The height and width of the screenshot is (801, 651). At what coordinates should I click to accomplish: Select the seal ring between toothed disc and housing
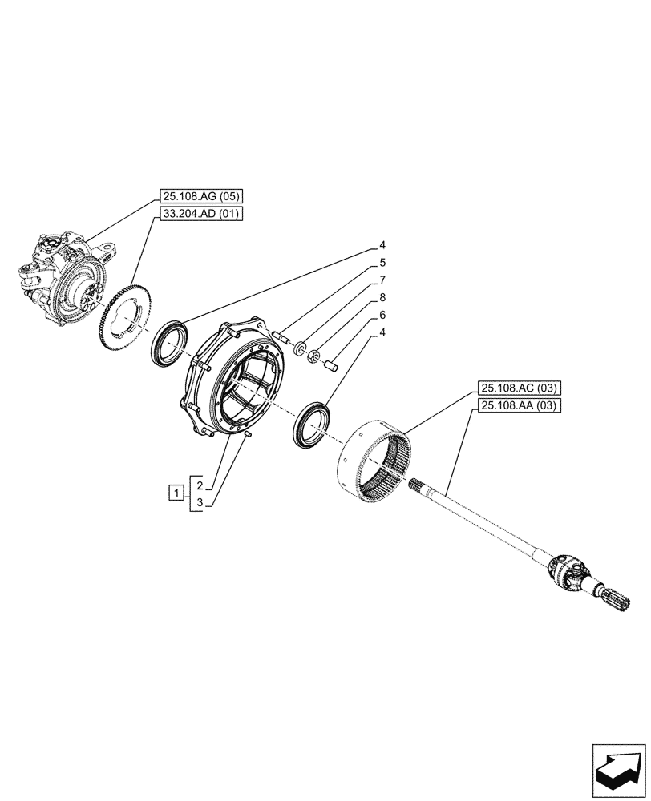pyautogui.click(x=169, y=341)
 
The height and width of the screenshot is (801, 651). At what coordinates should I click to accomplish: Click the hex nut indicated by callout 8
pyautogui.click(x=314, y=354)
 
